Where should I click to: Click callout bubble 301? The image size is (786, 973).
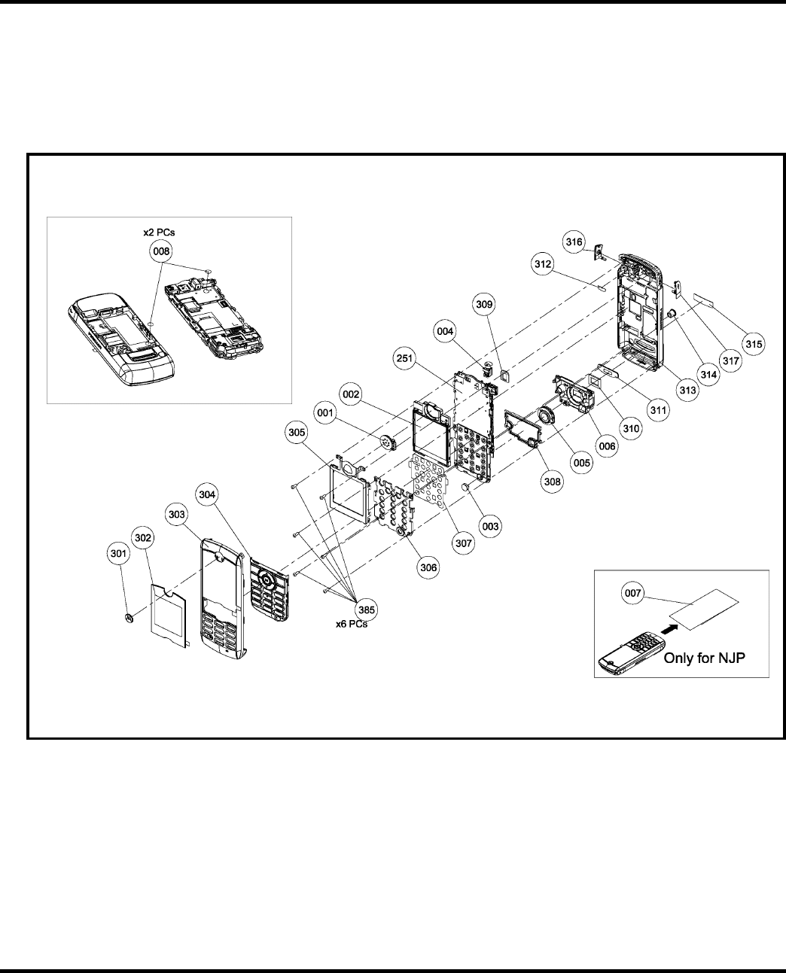[x=116, y=554]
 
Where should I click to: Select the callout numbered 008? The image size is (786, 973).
[x=160, y=252]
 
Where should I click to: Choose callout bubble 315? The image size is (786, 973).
[x=752, y=343]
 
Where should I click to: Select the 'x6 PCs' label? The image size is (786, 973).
[x=352, y=624]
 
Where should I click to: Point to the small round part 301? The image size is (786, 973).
[x=129, y=618]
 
